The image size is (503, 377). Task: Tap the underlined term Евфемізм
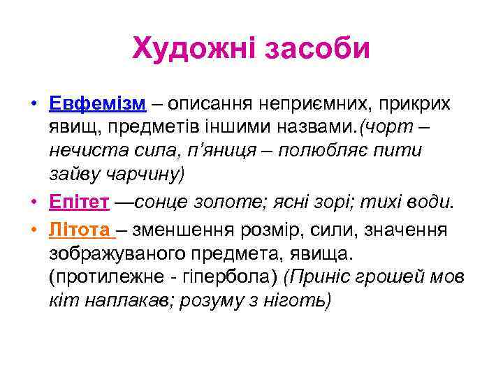pos(98,104)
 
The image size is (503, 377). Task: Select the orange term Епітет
pos(80,202)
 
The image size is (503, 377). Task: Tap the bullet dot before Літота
pos(33,231)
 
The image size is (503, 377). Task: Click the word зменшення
pos(184,230)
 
